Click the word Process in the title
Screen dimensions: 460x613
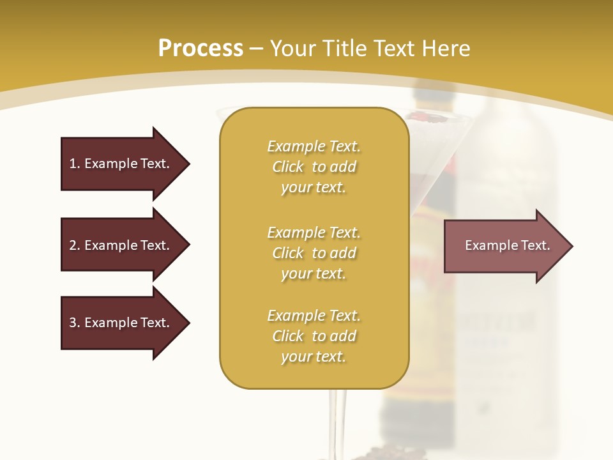pos(201,48)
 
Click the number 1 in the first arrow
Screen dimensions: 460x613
pos(73,164)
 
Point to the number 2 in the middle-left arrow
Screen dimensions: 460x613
pos(73,245)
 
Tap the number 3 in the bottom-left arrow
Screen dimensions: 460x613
pos(73,323)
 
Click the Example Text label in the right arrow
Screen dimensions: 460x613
pos(507,245)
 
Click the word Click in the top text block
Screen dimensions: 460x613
pos(288,167)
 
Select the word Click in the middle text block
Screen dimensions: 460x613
pos(288,253)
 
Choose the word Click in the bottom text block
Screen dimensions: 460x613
pos(288,336)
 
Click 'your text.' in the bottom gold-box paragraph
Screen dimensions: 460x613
pos(314,356)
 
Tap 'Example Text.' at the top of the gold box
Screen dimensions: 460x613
pos(314,146)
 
